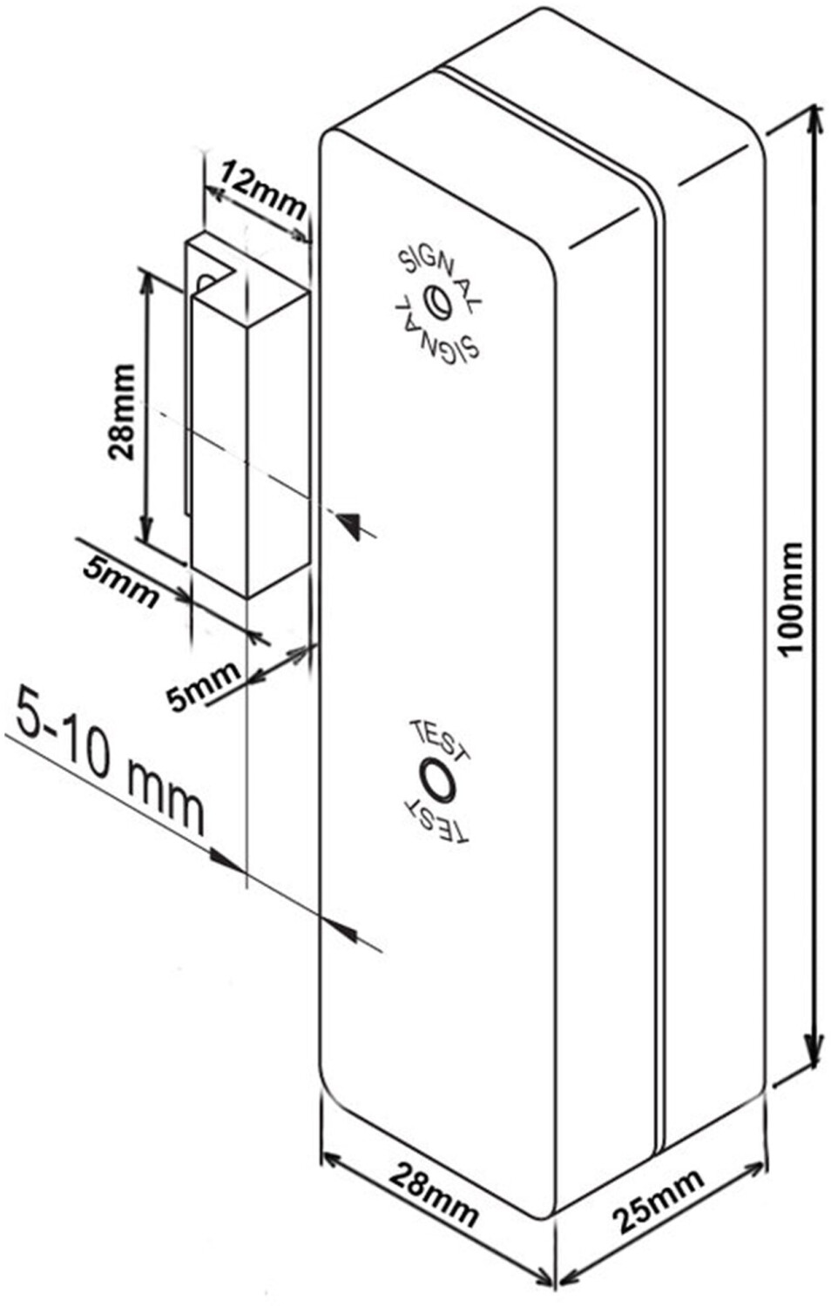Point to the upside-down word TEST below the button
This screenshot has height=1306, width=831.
pyautogui.click(x=436, y=819)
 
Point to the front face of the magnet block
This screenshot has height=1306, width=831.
pyautogui.click(x=220, y=444)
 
